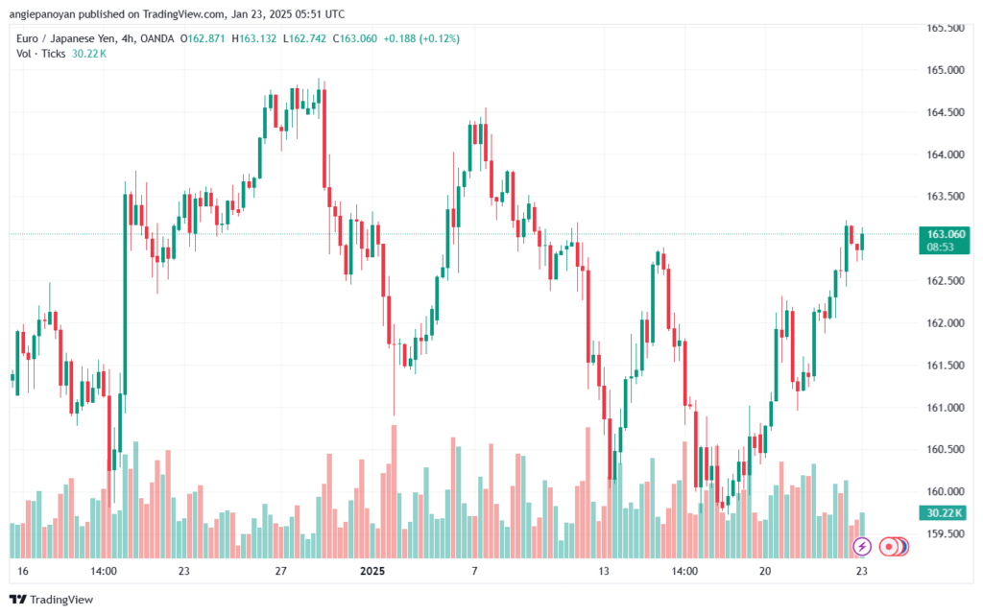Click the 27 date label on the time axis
[x=281, y=571]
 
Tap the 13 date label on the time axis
[x=604, y=571]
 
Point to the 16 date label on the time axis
[x=23, y=571]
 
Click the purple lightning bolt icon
[x=862, y=546]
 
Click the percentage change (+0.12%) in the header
[x=438, y=38]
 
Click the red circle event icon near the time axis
[x=891, y=546]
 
